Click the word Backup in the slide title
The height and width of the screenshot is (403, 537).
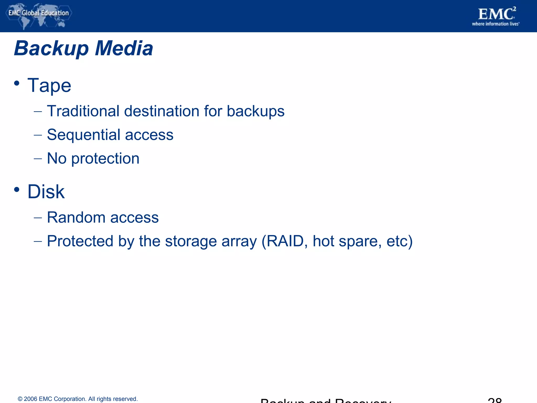click(x=51, y=49)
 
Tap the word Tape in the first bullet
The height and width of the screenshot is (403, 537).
click(x=49, y=86)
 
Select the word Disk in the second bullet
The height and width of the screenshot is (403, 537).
click(x=46, y=192)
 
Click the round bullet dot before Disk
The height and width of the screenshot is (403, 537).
click(x=17, y=189)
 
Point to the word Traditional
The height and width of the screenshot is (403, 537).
click(x=83, y=111)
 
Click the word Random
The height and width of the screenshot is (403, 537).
click(x=76, y=218)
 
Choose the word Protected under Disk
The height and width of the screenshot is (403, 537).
click(x=80, y=241)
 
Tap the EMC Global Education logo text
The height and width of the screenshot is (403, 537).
click(x=39, y=13)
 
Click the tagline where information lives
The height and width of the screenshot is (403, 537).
click(x=495, y=24)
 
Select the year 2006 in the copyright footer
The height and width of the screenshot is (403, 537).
click(x=30, y=399)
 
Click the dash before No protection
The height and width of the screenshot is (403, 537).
click(x=38, y=159)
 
